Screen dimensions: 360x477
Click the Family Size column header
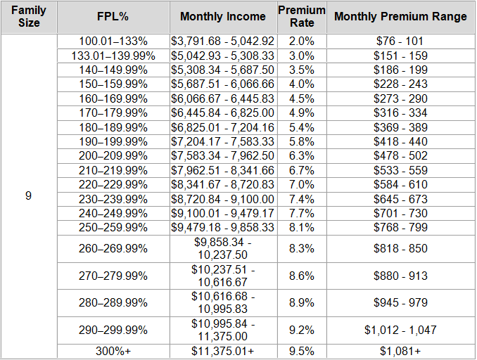click(x=29, y=16)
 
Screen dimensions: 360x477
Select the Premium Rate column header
click(x=302, y=16)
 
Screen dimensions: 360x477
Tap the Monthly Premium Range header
click(x=400, y=16)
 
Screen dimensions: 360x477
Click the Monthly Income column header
click(x=223, y=16)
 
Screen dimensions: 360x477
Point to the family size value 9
click(x=29, y=195)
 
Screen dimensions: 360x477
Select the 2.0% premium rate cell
click(x=302, y=41)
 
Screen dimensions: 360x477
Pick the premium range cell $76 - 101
click(x=400, y=41)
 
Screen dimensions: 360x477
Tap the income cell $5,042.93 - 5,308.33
click(x=223, y=56)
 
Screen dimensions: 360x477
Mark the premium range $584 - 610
click(x=400, y=184)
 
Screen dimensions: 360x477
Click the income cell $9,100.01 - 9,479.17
click(x=223, y=213)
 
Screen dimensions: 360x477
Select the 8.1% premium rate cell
click(x=302, y=227)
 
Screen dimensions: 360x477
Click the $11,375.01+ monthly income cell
click(x=223, y=350)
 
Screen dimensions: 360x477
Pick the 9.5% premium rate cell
click(x=302, y=350)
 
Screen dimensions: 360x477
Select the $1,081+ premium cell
click(x=400, y=350)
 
